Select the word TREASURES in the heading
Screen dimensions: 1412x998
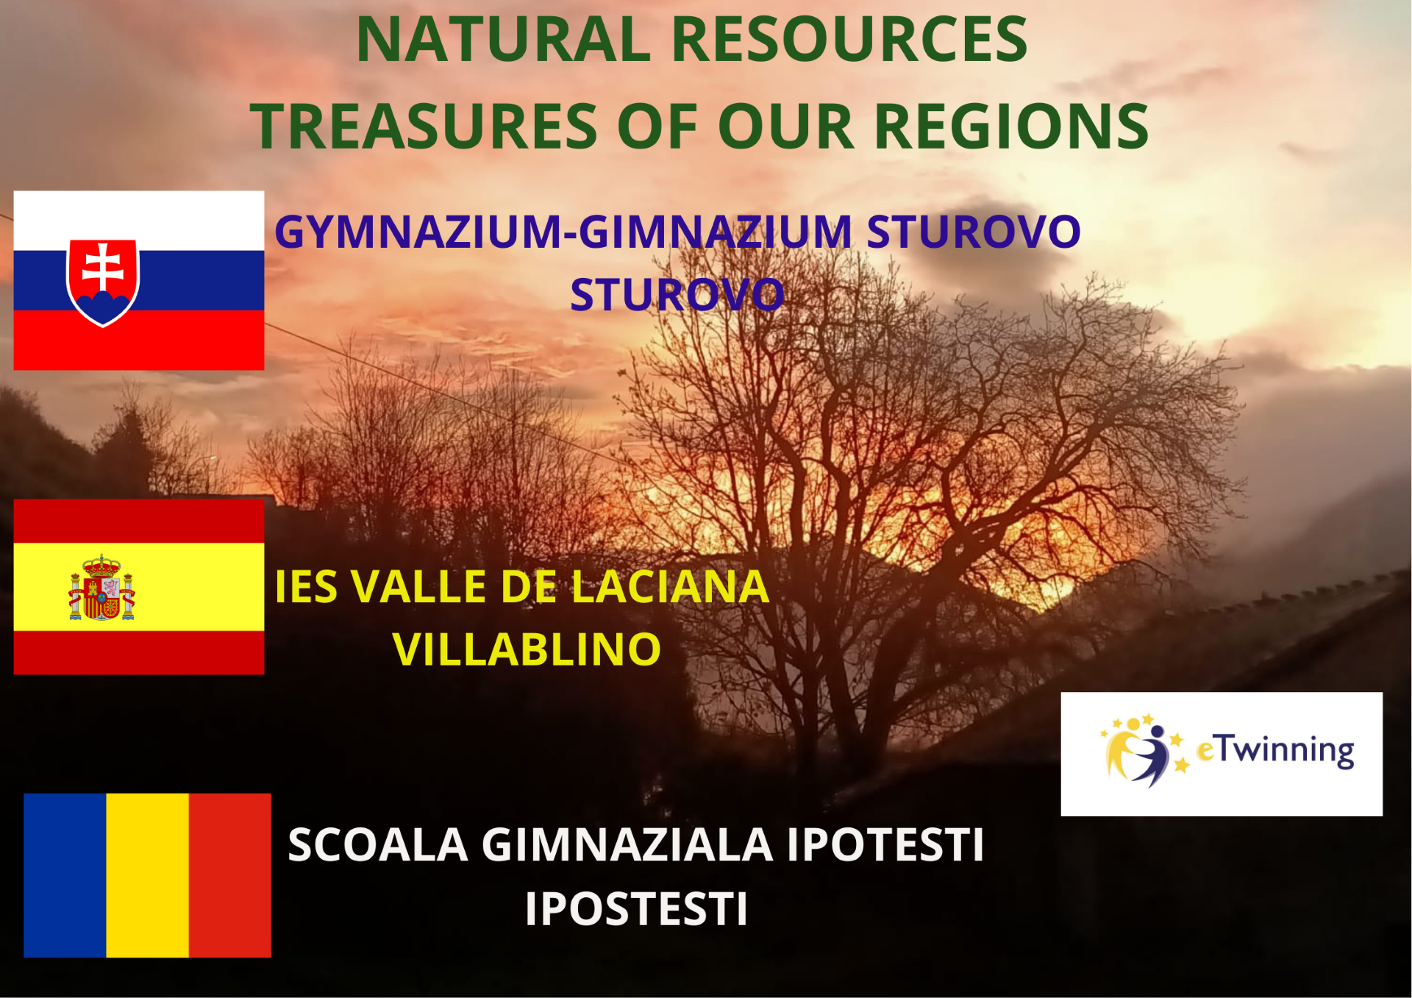click(x=424, y=126)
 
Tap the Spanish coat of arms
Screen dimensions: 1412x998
click(x=101, y=588)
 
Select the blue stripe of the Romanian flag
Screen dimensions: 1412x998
click(x=65, y=875)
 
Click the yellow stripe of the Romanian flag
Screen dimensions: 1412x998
click(x=148, y=875)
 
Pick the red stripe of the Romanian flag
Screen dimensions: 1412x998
click(x=230, y=875)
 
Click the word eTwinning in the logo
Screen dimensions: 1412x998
click(x=1275, y=751)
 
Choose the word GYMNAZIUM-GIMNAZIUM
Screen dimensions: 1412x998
click(x=563, y=232)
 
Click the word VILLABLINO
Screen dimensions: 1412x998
click(x=527, y=649)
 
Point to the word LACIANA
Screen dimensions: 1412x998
click(x=670, y=587)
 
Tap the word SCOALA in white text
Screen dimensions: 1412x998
click(x=378, y=844)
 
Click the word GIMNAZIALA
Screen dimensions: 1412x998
click(x=627, y=844)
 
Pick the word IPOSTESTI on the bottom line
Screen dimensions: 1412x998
click(x=637, y=909)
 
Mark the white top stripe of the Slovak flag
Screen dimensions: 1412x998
click(x=139, y=221)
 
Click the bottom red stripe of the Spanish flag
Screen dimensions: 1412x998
click(x=139, y=652)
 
